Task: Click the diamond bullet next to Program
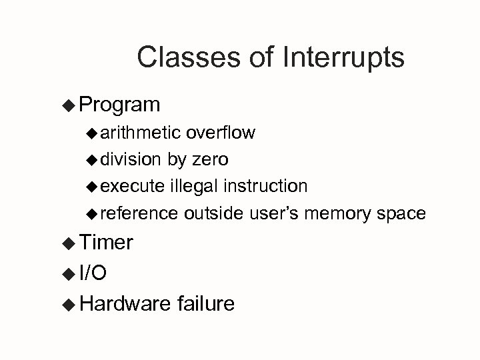pyautogui.click(x=69, y=105)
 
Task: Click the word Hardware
pyautogui.click(x=125, y=304)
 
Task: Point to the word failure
pyautogui.click(x=206, y=304)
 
